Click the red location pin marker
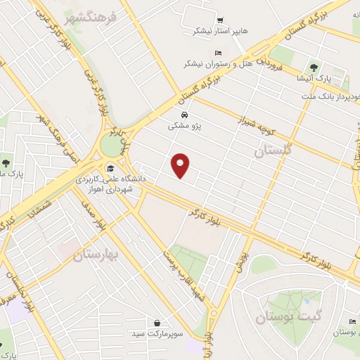pos(181,165)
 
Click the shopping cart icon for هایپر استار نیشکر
pos(221,20)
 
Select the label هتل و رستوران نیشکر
pos(218,63)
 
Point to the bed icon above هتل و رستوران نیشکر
pos(218,53)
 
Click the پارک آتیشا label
pos(312,77)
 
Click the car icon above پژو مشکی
pos(184,115)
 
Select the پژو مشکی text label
pos(184,127)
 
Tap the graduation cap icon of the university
pos(110,168)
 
